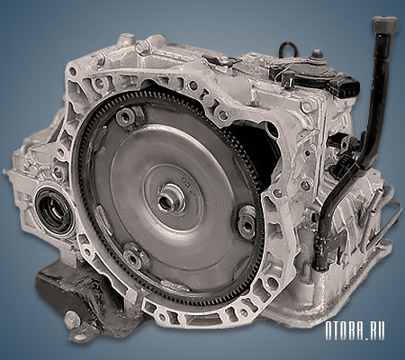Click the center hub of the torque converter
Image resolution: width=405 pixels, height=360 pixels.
(x=170, y=199)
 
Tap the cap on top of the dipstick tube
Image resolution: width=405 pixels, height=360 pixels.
(x=385, y=25)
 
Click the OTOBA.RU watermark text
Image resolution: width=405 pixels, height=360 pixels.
(x=355, y=331)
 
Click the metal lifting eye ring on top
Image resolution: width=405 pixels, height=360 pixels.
(x=288, y=48)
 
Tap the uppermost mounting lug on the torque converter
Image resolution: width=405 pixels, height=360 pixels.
(x=126, y=116)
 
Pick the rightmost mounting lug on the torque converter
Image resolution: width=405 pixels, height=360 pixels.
(x=246, y=220)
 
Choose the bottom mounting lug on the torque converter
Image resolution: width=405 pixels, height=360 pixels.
(x=135, y=256)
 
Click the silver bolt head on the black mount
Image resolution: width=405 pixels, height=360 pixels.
(x=72, y=320)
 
